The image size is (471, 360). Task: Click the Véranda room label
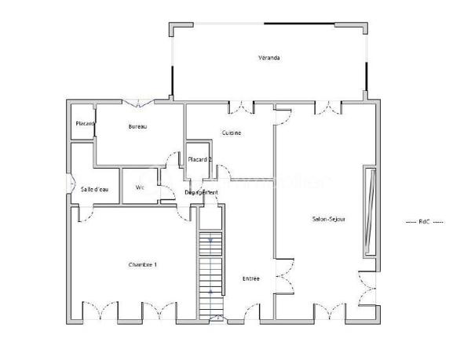(x=269, y=58)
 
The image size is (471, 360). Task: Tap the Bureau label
(x=138, y=126)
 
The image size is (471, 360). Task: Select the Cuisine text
(x=231, y=133)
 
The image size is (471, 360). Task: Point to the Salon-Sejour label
(x=328, y=219)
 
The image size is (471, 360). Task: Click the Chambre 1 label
(x=142, y=265)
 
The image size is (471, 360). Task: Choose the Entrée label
(x=250, y=278)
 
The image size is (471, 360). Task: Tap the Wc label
(x=141, y=187)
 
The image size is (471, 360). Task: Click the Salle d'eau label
(x=94, y=188)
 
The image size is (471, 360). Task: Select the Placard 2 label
(x=199, y=159)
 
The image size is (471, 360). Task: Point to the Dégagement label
(x=201, y=192)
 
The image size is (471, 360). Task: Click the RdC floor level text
(x=424, y=222)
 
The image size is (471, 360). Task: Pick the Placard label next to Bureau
(x=85, y=124)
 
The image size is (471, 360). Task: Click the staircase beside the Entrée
(x=210, y=275)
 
